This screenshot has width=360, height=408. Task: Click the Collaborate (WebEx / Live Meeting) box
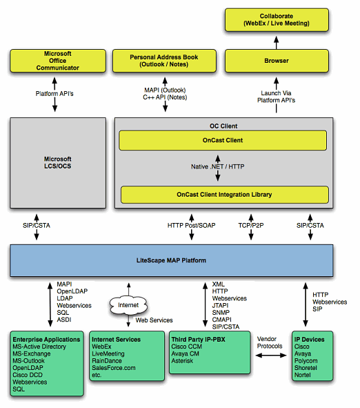click(x=277, y=20)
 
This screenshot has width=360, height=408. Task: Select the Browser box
click(x=277, y=61)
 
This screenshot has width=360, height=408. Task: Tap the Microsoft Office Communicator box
click(x=58, y=61)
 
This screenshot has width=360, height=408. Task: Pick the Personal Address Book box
click(x=164, y=61)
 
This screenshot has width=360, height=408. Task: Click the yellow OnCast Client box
click(x=223, y=140)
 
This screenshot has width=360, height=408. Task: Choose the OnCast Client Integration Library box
click(x=225, y=195)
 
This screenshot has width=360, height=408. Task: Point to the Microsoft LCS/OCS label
click(x=57, y=163)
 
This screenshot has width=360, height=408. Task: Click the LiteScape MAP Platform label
click(x=171, y=260)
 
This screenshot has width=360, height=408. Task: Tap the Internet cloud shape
click(x=128, y=305)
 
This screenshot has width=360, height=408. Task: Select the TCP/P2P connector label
click(x=251, y=225)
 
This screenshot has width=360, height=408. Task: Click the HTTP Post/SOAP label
click(x=192, y=225)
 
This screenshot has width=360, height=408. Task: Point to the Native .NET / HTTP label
click(x=218, y=166)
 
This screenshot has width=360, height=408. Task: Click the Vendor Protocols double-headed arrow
click(x=271, y=356)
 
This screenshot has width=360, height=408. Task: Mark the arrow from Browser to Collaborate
click(x=277, y=43)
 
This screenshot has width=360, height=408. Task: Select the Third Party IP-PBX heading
click(x=198, y=339)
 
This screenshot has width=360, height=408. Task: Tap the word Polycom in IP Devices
click(x=306, y=361)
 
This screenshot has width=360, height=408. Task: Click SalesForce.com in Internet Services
click(x=114, y=368)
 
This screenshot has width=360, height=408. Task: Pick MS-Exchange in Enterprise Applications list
click(x=32, y=353)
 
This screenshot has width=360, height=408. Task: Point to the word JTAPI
click(x=220, y=305)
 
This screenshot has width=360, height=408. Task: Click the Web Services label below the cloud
click(x=154, y=320)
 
